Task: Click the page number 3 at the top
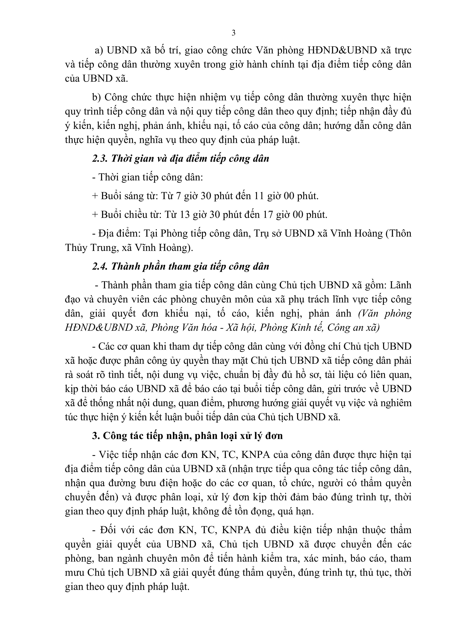tap(233, 33)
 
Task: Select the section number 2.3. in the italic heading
tap(100, 158)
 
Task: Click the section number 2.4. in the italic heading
tap(100, 266)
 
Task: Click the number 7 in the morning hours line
tap(178, 196)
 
